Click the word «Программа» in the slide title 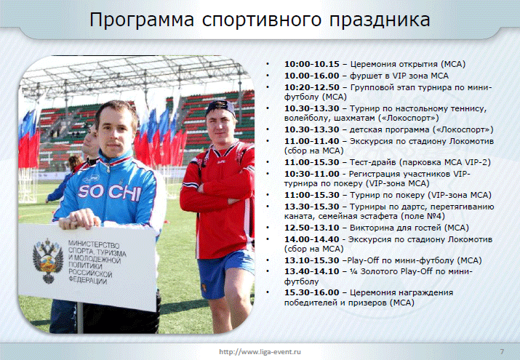click(142, 20)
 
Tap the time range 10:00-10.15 click(312, 64)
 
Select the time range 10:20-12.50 click(312, 87)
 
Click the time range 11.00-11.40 click(312, 141)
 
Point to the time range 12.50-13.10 click(312, 228)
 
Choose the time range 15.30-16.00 click(312, 292)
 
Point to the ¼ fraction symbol click(354, 271)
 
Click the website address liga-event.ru click(260, 352)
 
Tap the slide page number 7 click(502, 351)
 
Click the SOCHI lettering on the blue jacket click(109, 192)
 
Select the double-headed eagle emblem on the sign click(48, 261)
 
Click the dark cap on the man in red click(220, 108)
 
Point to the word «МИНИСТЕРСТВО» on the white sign click(94, 244)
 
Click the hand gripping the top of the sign click(79, 219)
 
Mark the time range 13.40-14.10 click(312, 271)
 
